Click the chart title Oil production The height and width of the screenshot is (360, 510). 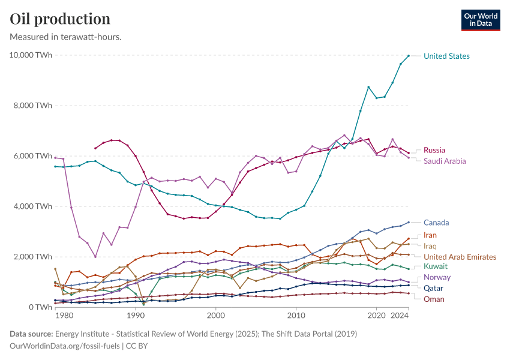60,19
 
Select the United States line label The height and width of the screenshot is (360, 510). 446,56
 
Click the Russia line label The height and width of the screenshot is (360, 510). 434,150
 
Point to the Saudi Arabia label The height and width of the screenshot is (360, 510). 445,161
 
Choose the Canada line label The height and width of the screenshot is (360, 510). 436,223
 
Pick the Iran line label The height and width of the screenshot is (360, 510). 430,235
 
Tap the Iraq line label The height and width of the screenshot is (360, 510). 430,246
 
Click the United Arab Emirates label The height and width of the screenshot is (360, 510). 460,257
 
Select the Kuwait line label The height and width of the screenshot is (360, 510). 434,266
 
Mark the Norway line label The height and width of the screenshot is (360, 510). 436,277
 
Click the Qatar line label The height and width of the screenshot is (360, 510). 433,288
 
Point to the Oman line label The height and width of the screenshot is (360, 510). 433,299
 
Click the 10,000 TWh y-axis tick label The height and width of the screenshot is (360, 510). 31,55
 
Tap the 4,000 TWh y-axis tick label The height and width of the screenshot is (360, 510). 32,206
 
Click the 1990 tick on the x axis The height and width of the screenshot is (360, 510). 136,316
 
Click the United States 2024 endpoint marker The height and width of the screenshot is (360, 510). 409,56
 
